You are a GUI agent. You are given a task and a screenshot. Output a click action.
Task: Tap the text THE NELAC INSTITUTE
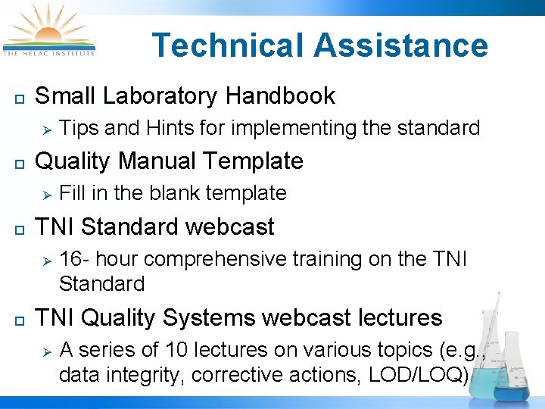49,54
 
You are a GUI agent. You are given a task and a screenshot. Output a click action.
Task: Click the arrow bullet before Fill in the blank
45,194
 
